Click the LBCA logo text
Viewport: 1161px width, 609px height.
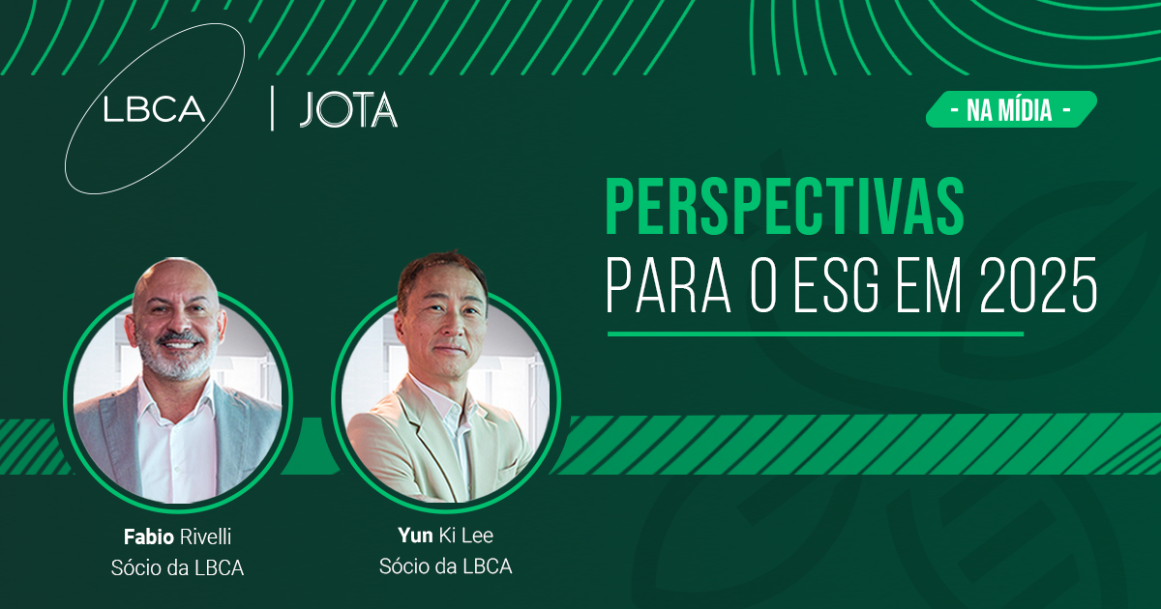(x=154, y=109)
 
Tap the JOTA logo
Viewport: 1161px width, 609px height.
(x=348, y=110)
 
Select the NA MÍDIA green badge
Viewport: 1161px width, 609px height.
(x=1011, y=109)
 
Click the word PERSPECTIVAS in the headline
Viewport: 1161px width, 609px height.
(x=785, y=207)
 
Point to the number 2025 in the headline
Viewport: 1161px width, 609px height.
(x=1038, y=285)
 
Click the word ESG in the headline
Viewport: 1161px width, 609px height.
(x=836, y=285)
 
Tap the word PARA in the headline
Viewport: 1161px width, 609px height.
(x=669, y=285)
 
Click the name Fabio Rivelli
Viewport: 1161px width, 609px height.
(x=177, y=537)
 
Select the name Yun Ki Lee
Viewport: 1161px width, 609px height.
(x=445, y=536)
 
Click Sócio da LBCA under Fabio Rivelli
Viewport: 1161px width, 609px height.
(x=177, y=568)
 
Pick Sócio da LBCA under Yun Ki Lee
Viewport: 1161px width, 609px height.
(x=445, y=566)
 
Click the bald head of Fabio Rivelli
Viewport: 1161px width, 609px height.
(x=175, y=282)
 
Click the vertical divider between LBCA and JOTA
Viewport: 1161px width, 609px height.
(x=273, y=108)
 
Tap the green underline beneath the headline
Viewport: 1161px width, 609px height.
(x=816, y=334)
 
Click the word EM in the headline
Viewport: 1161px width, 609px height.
(x=929, y=285)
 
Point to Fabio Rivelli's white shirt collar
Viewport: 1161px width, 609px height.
(x=176, y=398)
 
